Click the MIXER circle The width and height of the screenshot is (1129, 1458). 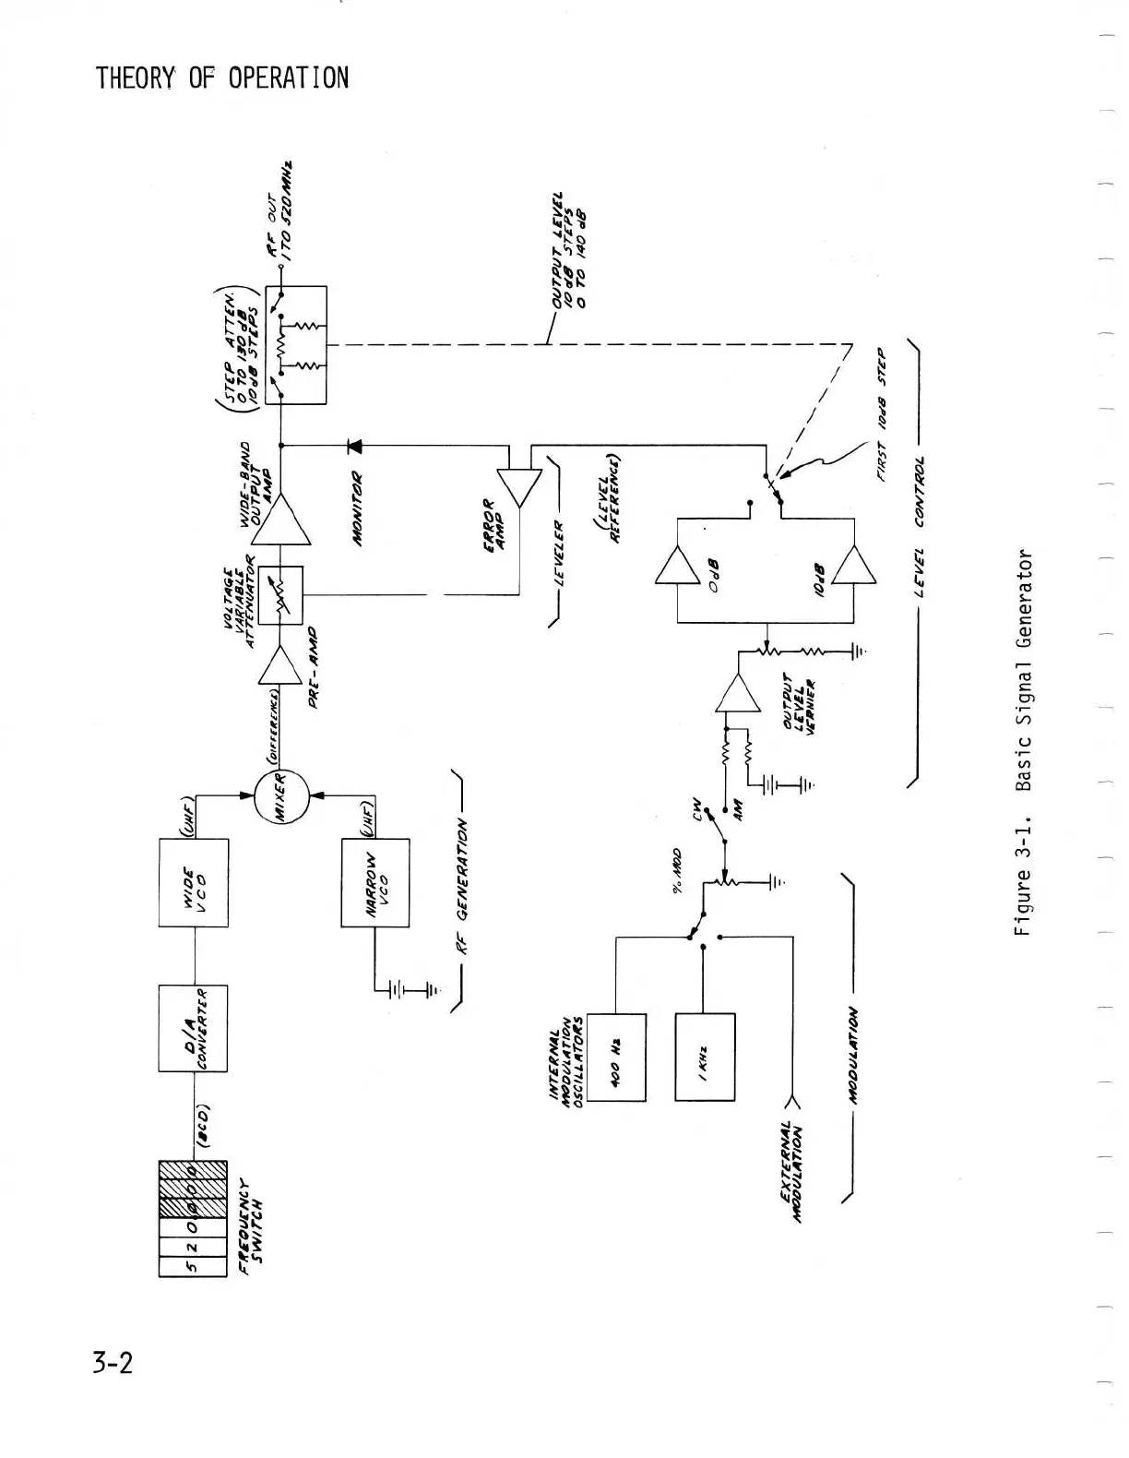click(x=280, y=794)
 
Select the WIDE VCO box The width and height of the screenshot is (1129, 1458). click(x=194, y=882)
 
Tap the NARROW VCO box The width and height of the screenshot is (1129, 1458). click(x=375, y=882)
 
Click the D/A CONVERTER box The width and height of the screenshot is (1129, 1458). click(x=194, y=1028)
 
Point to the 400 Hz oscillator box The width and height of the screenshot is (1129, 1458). click(x=615, y=1057)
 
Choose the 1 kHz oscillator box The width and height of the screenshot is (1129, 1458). click(x=706, y=1057)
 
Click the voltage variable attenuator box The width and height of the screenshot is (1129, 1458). click(x=280, y=595)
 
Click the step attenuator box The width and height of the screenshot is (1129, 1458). click(x=296, y=344)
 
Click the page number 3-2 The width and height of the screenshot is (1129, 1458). click(x=113, y=1362)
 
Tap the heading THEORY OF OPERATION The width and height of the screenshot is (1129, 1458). click(x=222, y=78)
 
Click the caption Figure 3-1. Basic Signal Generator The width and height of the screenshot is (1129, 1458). click(x=1023, y=742)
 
